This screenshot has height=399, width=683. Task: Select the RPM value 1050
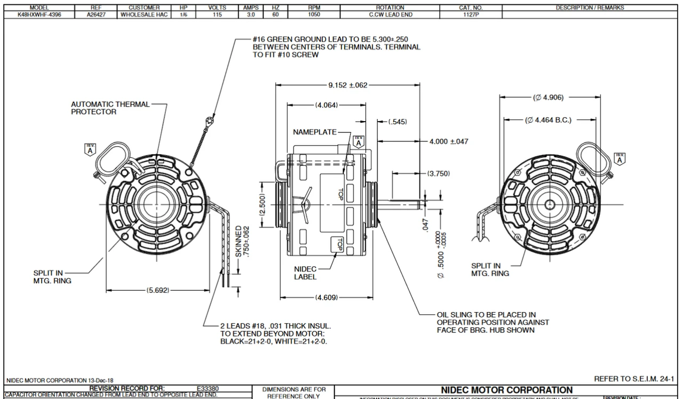point(314,15)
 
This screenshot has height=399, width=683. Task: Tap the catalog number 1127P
point(470,15)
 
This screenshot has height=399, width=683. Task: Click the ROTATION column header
point(393,8)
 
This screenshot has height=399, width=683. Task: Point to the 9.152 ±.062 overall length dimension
point(348,85)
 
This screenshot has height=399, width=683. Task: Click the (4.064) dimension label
point(326,105)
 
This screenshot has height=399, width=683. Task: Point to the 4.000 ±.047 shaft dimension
point(449,141)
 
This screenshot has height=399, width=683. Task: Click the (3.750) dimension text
point(439,173)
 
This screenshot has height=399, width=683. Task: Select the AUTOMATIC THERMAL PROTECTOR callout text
point(110,108)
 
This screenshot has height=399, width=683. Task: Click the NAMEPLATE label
point(314,132)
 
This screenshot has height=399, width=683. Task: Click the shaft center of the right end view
point(549,205)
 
